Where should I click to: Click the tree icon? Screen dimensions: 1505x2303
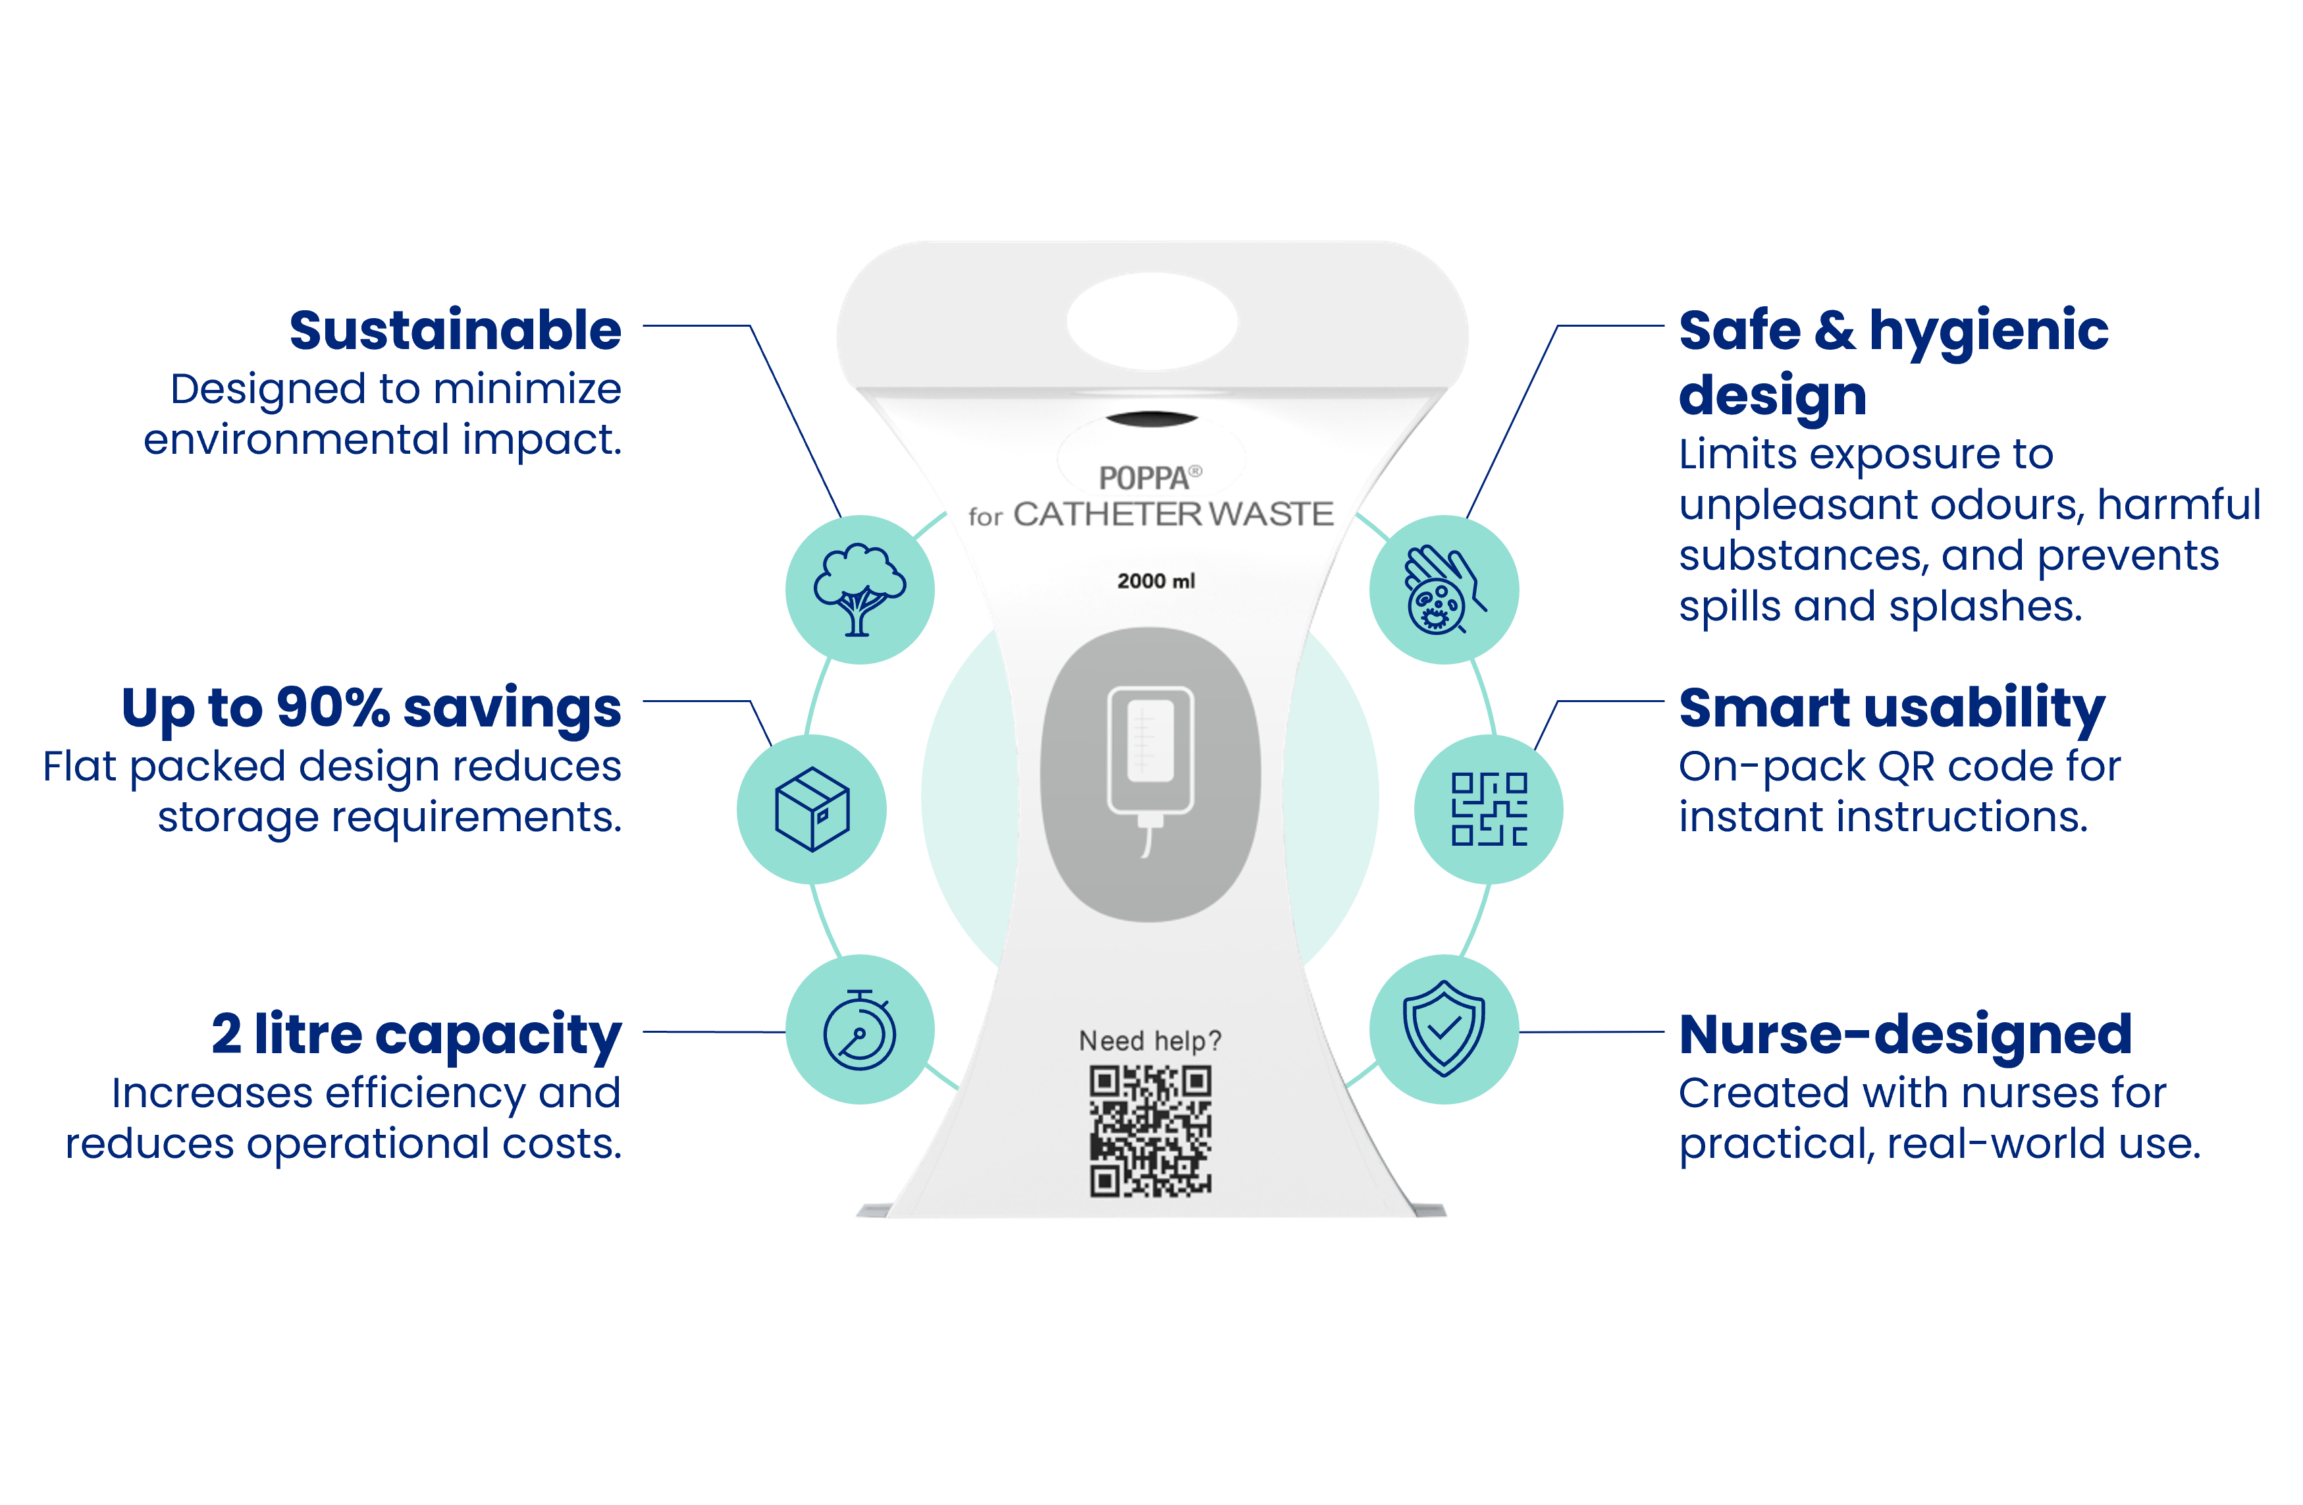click(x=859, y=589)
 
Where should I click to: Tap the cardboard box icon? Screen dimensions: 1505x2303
click(x=812, y=809)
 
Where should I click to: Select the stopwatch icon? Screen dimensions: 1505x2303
click(x=859, y=1029)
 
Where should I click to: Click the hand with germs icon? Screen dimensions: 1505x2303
click(x=1444, y=589)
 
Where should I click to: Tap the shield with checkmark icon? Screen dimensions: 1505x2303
click(x=1444, y=1029)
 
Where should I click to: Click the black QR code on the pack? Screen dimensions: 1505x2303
click(x=1151, y=1130)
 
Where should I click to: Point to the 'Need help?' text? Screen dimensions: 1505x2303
click(x=1151, y=1041)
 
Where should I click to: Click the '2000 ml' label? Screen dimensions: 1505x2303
click(x=1155, y=581)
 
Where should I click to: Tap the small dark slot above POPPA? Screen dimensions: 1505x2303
click(x=1151, y=419)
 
